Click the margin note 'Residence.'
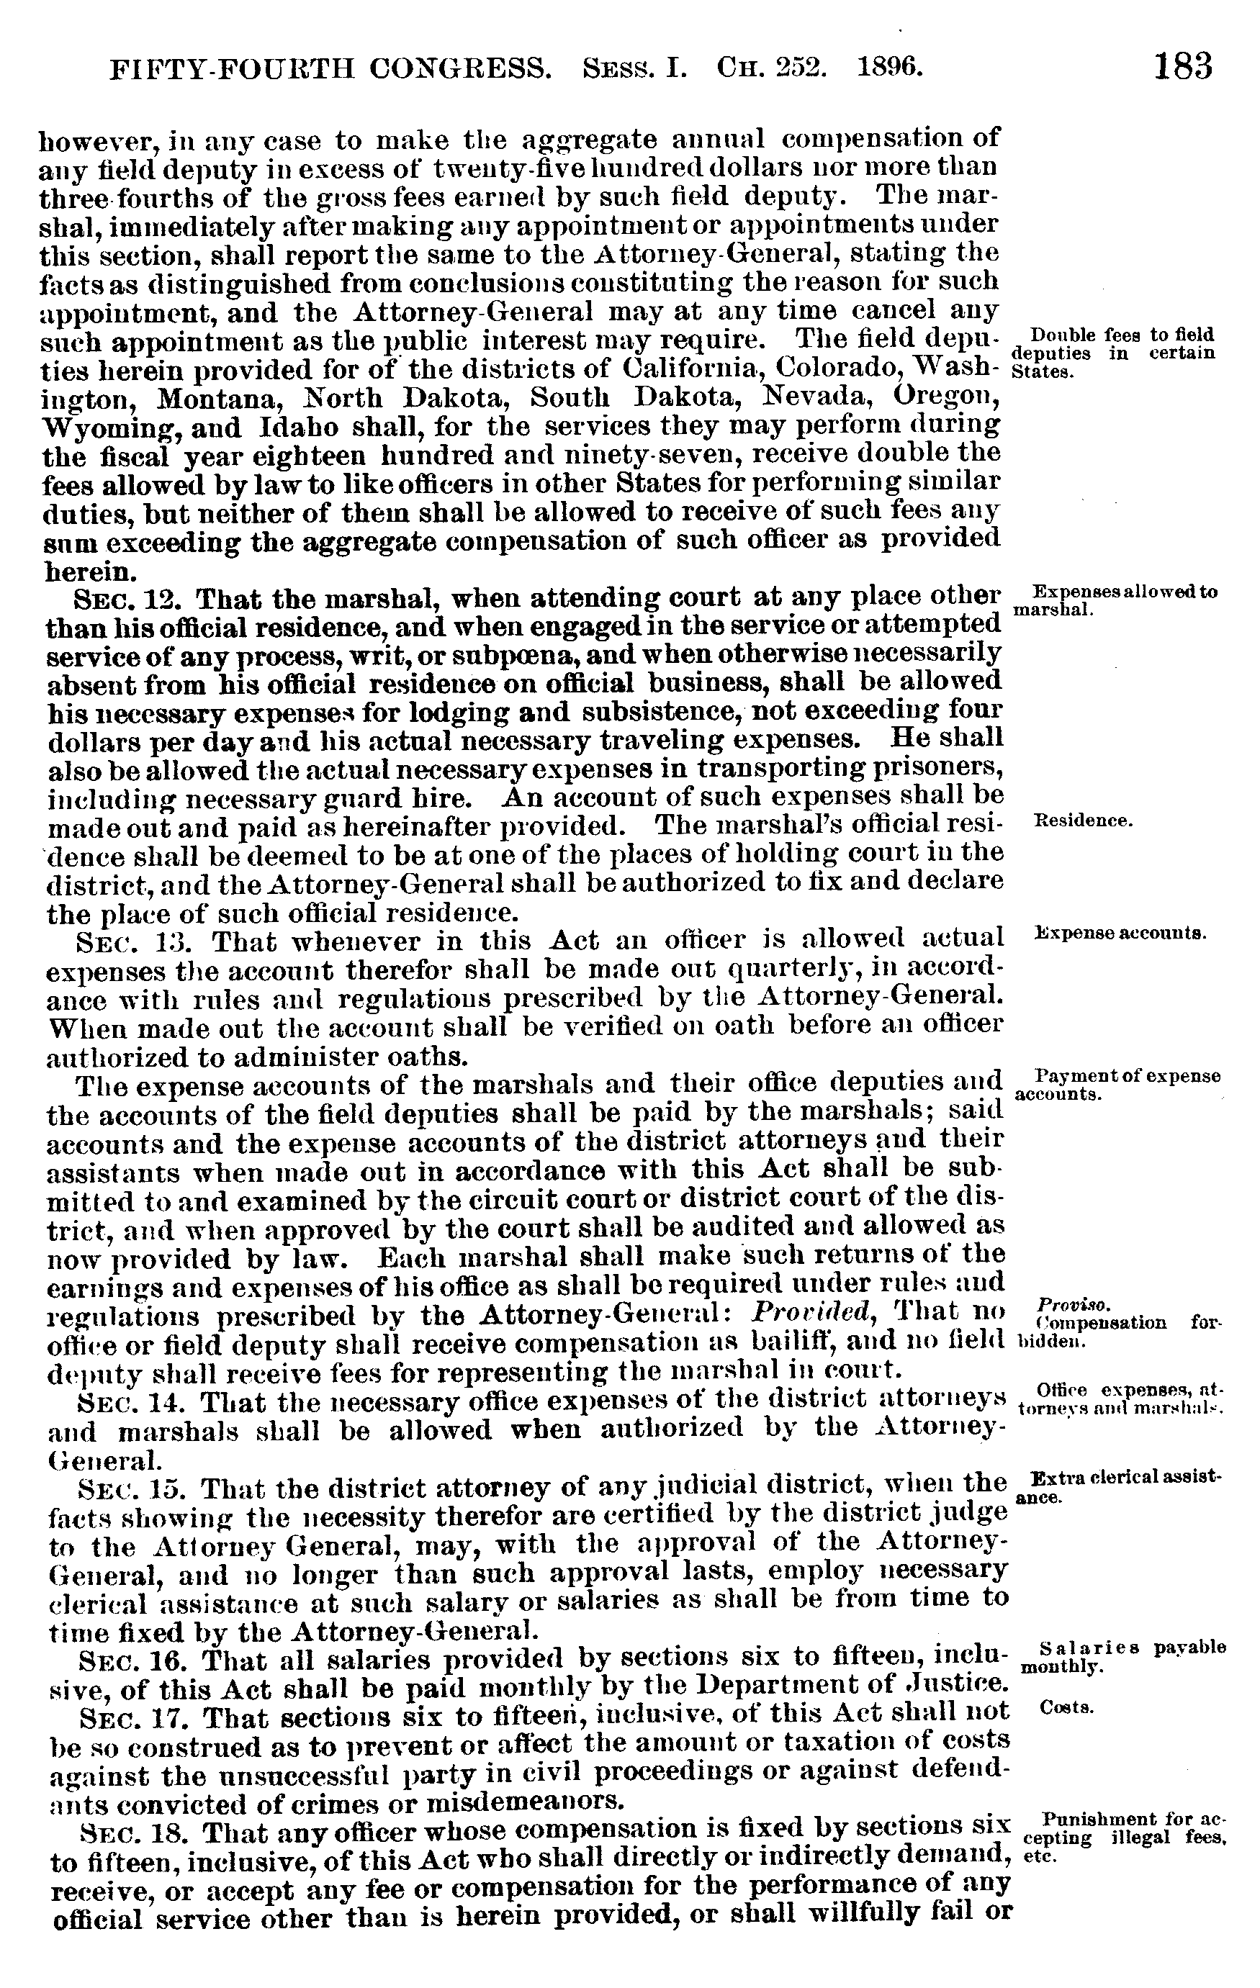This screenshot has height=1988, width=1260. [1081, 821]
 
